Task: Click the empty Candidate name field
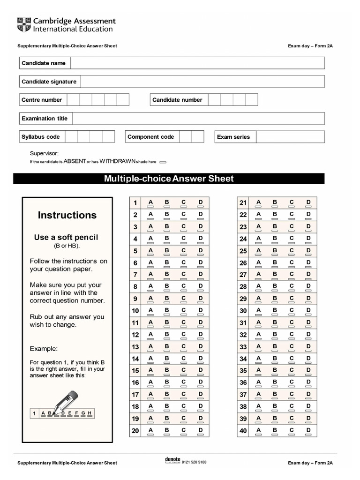(197, 63)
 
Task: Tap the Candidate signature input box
(202, 82)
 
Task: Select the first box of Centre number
(73, 100)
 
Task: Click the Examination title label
(45, 119)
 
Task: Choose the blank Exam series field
(290, 137)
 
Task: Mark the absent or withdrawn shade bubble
(163, 162)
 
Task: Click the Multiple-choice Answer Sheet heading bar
(169, 179)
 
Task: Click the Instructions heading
(67, 215)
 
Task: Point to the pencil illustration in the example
(63, 401)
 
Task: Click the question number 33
(243, 347)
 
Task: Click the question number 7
(135, 275)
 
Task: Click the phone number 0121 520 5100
(194, 462)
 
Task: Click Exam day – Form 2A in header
(310, 46)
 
